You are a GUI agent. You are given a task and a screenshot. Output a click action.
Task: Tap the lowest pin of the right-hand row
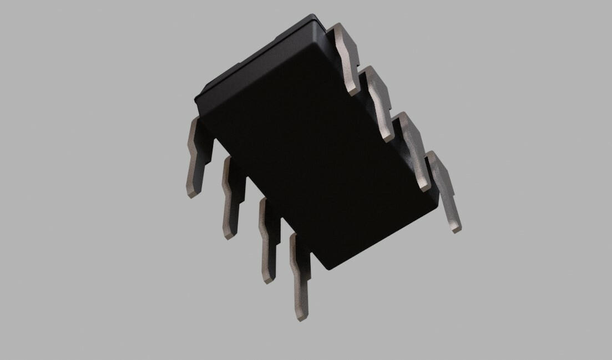coord(444,191)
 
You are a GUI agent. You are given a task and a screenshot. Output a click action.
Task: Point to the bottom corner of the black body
coord(330,270)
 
